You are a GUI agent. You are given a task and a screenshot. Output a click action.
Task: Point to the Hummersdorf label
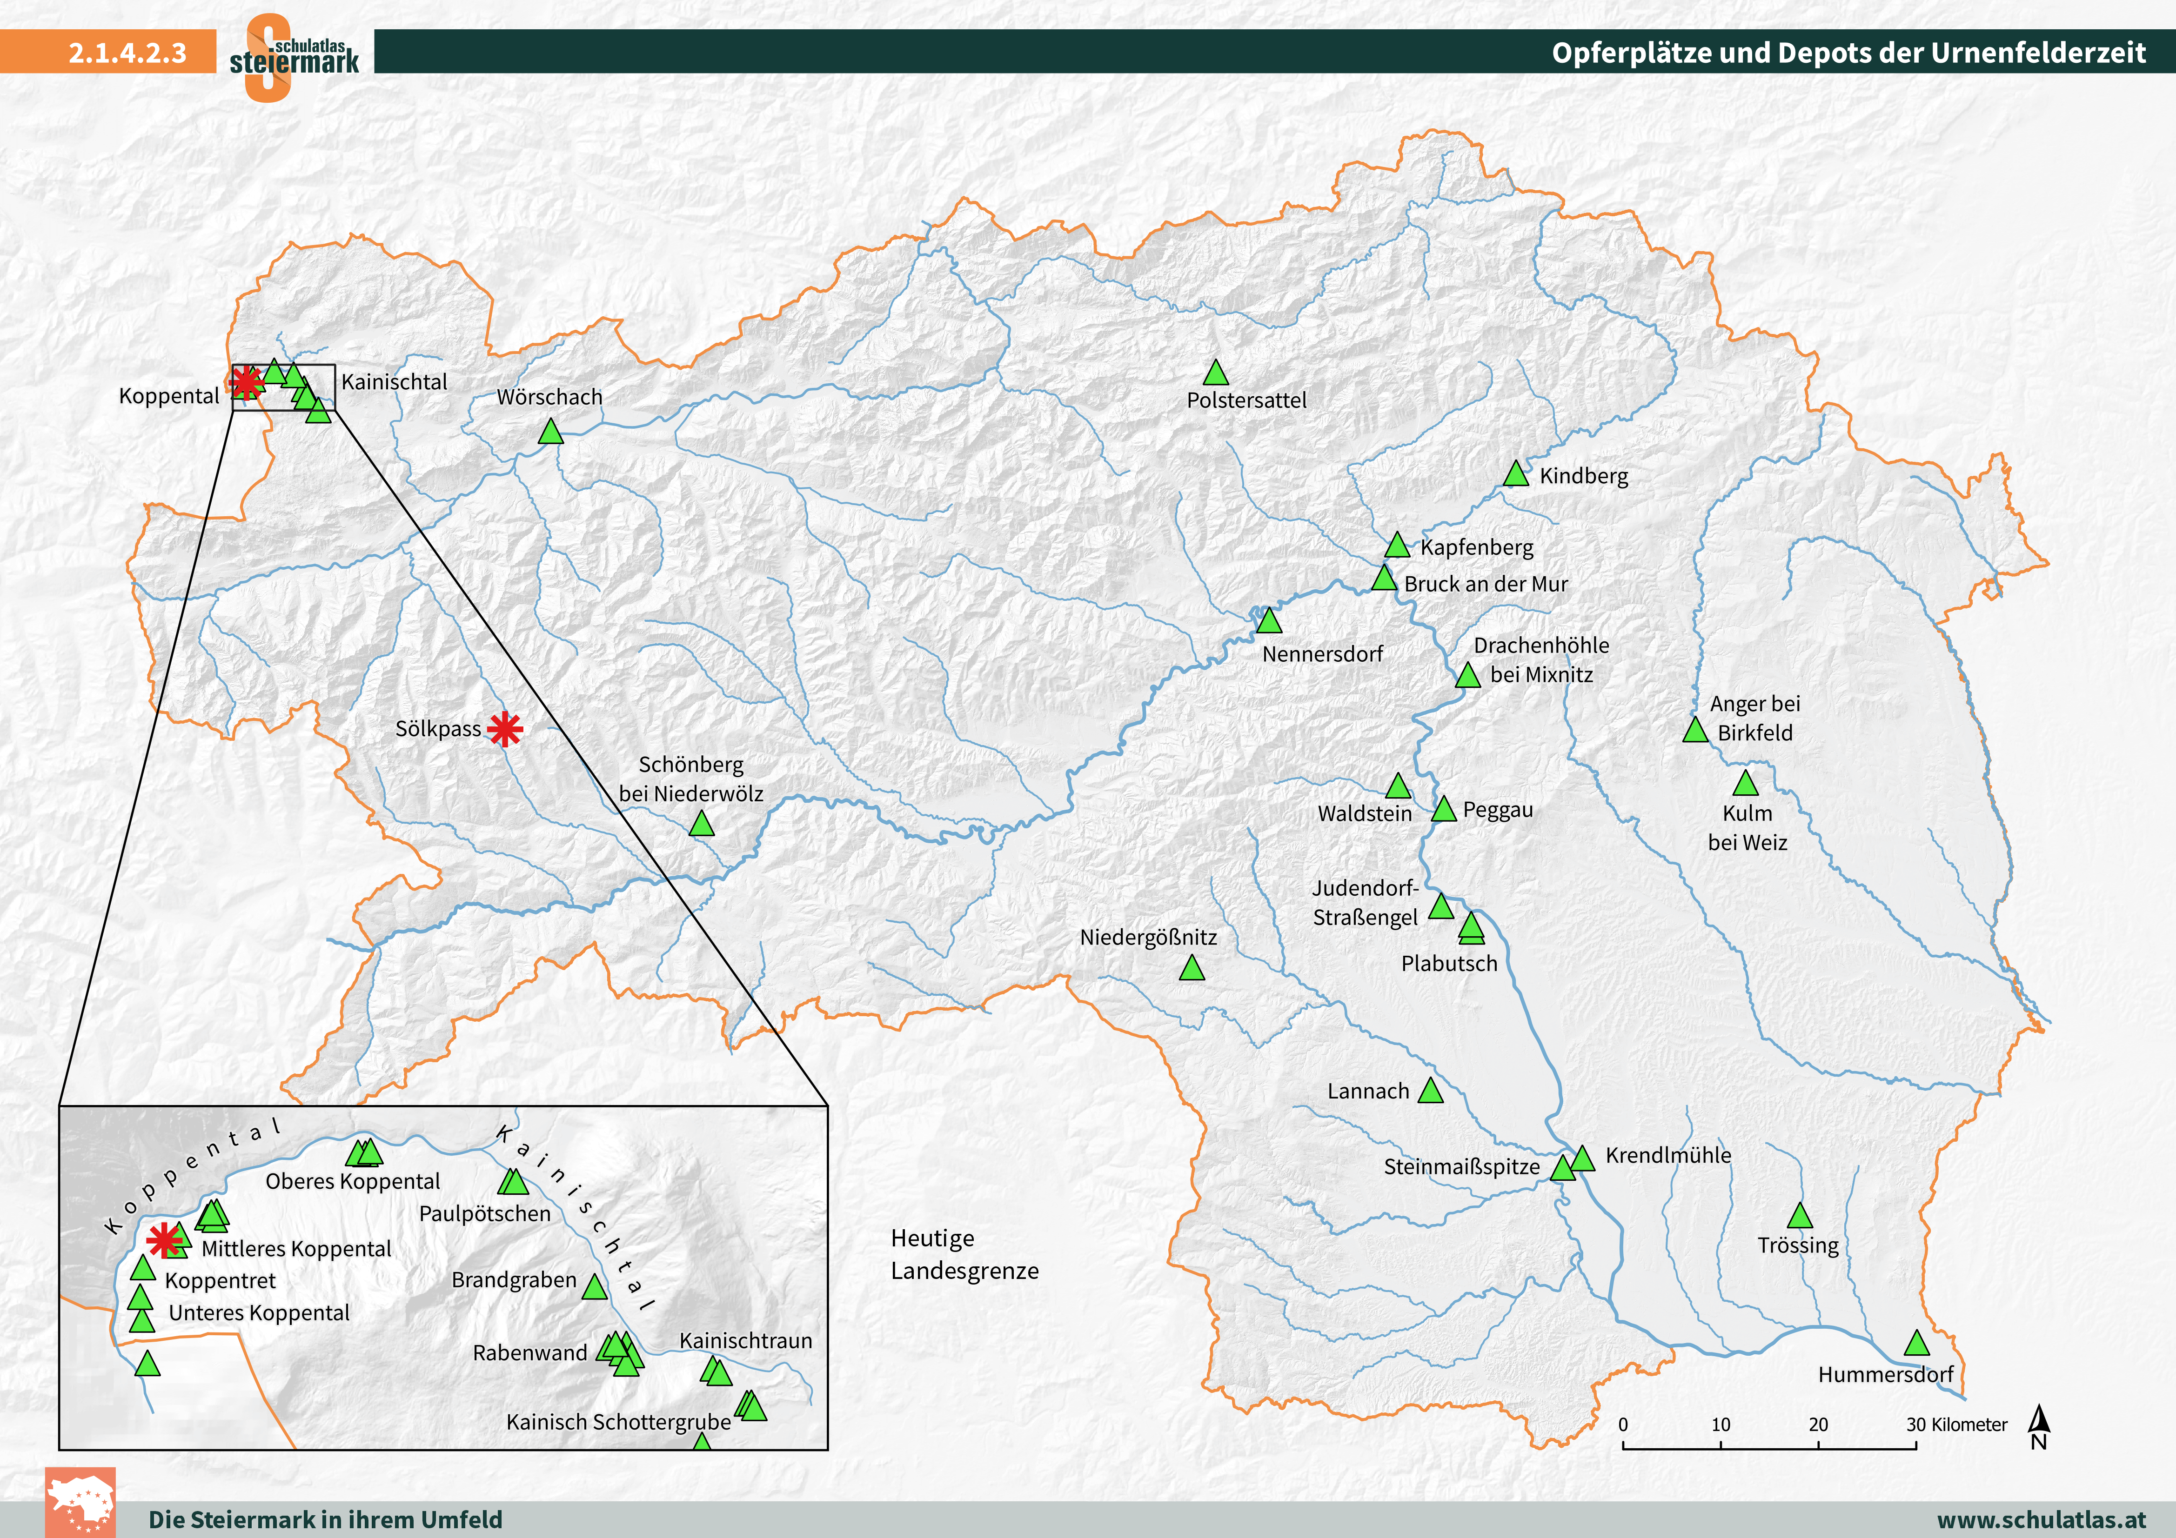pyautogui.click(x=1885, y=1374)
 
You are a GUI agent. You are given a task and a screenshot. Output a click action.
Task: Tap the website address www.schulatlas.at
pyautogui.click(x=2041, y=1519)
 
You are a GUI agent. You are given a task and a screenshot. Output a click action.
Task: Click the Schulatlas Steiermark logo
pyautogui.click(x=294, y=57)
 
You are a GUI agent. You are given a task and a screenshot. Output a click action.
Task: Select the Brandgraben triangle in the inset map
pyautogui.click(x=594, y=1287)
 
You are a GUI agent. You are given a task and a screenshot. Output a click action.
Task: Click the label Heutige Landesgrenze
pyautogui.click(x=964, y=1254)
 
